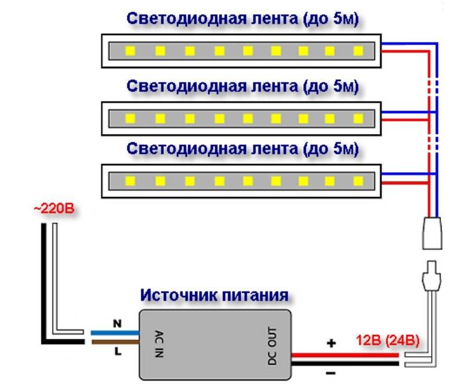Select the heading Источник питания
(214, 296)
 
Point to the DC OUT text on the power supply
(273, 345)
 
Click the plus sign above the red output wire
(332, 344)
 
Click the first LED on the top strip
(130, 51)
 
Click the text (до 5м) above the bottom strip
(328, 149)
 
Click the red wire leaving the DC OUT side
(347, 355)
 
